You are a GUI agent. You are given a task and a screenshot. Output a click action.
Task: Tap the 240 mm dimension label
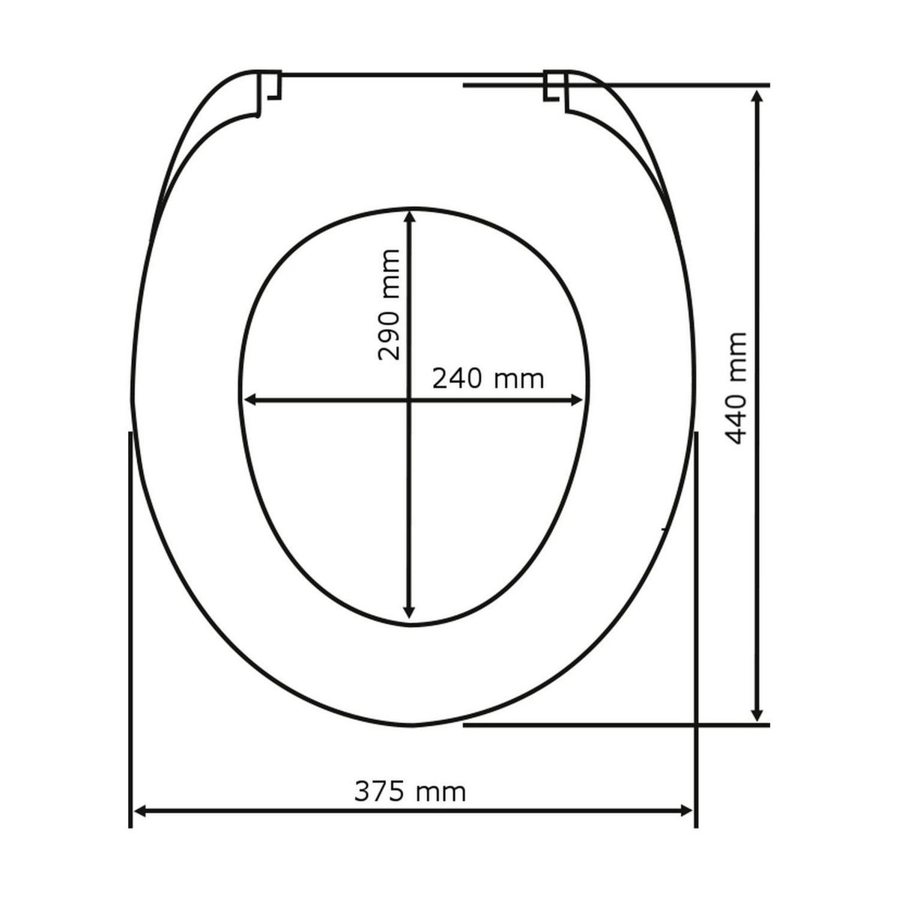[488, 379]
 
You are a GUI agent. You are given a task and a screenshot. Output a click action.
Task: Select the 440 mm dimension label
[737, 388]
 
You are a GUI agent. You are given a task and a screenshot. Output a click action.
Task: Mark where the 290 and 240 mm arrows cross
[409, 401]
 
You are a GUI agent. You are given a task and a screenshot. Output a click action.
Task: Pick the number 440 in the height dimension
[737, 415]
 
